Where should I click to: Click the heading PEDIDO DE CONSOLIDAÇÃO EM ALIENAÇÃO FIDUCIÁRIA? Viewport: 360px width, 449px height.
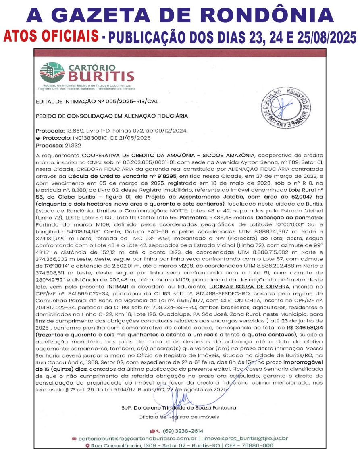coord(112,116)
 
